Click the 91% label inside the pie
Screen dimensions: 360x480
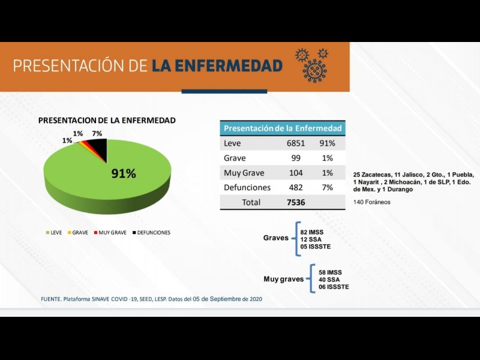124,174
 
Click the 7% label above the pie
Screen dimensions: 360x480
97,133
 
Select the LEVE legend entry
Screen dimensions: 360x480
53,232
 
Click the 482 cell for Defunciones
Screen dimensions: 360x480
296,187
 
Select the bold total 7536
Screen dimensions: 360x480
296,202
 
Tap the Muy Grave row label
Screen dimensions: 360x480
244,173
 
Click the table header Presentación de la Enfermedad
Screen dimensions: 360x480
283,128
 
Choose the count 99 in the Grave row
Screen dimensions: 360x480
296,158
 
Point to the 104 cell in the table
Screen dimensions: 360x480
296,173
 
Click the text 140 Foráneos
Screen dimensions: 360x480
372,202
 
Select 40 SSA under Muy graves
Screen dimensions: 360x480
330,280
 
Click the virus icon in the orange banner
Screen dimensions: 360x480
313,65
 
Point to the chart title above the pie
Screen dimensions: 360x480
107,120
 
